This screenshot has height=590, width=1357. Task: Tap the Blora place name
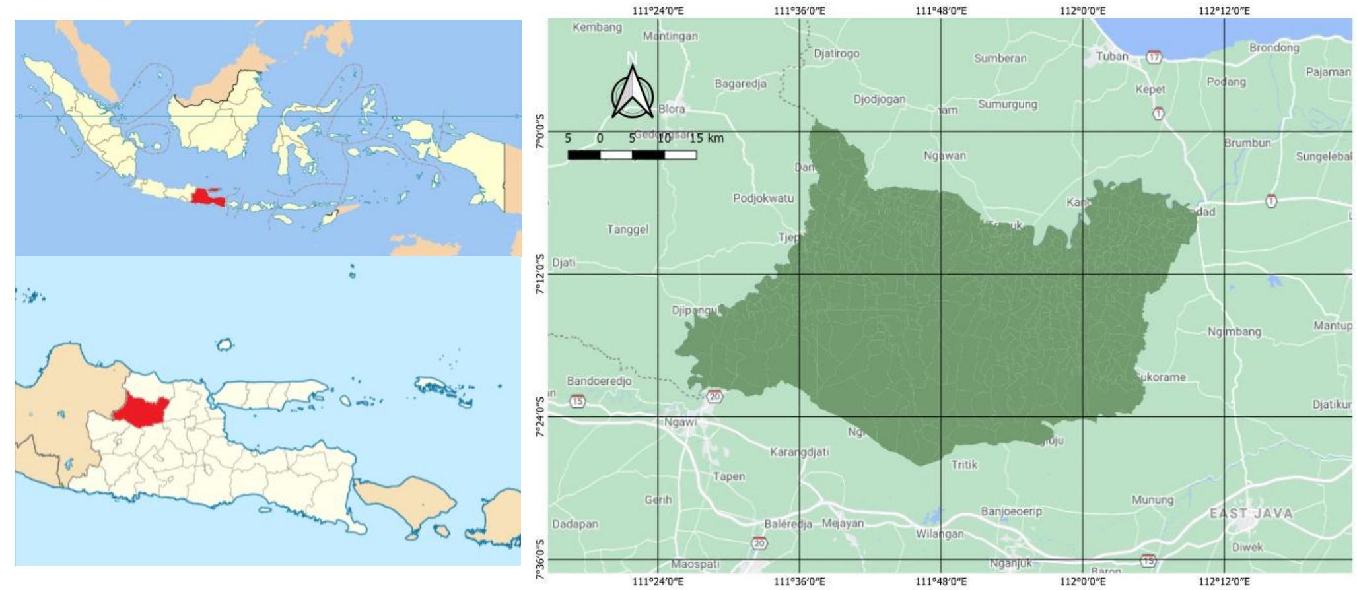(672, 109)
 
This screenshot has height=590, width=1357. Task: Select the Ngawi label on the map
(679, 422)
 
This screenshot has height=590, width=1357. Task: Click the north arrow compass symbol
(632, 93)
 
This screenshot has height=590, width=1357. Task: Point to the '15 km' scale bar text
(707, 138)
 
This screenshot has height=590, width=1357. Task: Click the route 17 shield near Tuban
(1153, 57)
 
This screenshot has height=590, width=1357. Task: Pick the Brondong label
(1274, 48)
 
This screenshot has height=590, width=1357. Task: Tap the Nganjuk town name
(1010, 563)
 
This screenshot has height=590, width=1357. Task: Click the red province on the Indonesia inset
(206, 197)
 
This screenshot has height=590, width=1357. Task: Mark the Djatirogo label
(836, 53)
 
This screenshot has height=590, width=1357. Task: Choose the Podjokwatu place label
(763, 198)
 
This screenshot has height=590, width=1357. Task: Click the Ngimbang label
(1234, 332)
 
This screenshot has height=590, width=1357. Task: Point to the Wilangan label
(939, 533)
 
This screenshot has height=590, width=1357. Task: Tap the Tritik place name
(963, 465)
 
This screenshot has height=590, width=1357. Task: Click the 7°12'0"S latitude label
(539, 274)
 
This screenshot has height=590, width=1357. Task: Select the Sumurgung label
(1007, 104)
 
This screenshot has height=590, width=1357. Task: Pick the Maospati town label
(695, 564)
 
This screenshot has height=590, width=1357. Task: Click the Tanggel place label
(627, 230)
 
